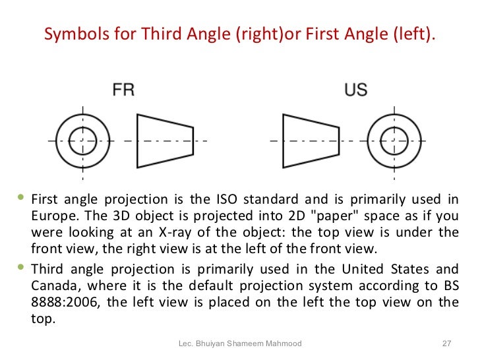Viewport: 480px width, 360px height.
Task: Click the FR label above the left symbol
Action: pyautogui.click(x=123, y=90)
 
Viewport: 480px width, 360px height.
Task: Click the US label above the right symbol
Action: pyautogui.click(x=355, y=90)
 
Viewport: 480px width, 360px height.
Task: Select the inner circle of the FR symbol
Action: pyautogui.click(x=82, y=140)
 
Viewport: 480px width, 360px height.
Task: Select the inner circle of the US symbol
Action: pyautogui.click(x=394, y=140)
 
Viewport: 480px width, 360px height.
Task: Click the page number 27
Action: pyautogui.click(x=445, y=344)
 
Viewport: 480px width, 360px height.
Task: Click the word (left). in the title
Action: pyautogui.click(x=414, y=34)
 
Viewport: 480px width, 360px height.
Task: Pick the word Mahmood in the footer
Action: pyautogui.click(x=284, y=344)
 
